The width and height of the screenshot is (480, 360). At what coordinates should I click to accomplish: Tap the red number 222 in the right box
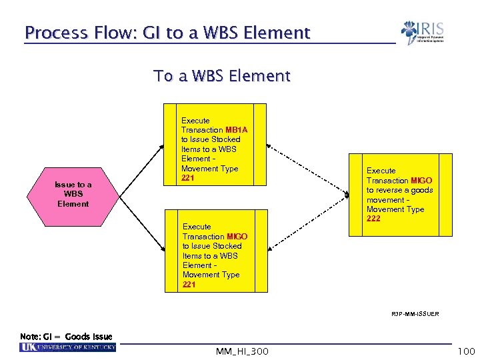coord(374,219)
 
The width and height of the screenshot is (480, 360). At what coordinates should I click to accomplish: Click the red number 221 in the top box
coord(188,178)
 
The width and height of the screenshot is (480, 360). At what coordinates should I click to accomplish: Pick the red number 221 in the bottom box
coord(189,284)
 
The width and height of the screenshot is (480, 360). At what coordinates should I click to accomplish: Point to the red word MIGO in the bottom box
coord(237,237)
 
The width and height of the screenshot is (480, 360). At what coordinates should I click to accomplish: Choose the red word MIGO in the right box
coord(421,181)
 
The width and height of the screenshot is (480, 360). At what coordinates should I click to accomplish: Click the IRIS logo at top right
coord(422,33)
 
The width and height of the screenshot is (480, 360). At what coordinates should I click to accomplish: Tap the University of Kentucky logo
coord(68,347)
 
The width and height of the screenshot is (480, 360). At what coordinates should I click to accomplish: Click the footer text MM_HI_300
coord(243,351)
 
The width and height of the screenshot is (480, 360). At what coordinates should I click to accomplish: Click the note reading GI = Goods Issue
coord(67,337)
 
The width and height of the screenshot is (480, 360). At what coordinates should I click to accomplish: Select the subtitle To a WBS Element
coord(222,76)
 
